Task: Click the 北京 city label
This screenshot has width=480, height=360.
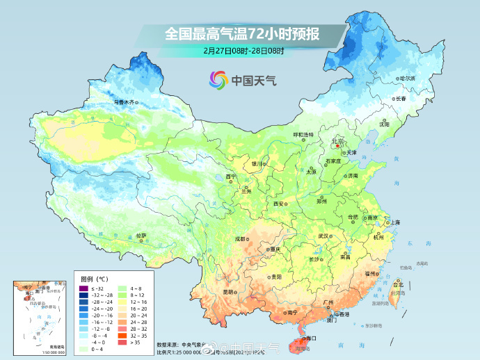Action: pos(339,141)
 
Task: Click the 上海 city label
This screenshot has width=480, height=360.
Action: pos(395,222)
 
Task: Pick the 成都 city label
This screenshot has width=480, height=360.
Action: pos(240,238)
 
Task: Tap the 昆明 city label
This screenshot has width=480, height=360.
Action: pos(228,292)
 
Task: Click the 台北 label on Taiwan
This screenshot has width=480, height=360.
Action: pos(398,285)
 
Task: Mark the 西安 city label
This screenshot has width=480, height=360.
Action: pos(279,204)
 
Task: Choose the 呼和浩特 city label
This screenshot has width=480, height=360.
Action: pos(303,134)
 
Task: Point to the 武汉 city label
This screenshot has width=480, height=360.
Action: pos(323,236)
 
